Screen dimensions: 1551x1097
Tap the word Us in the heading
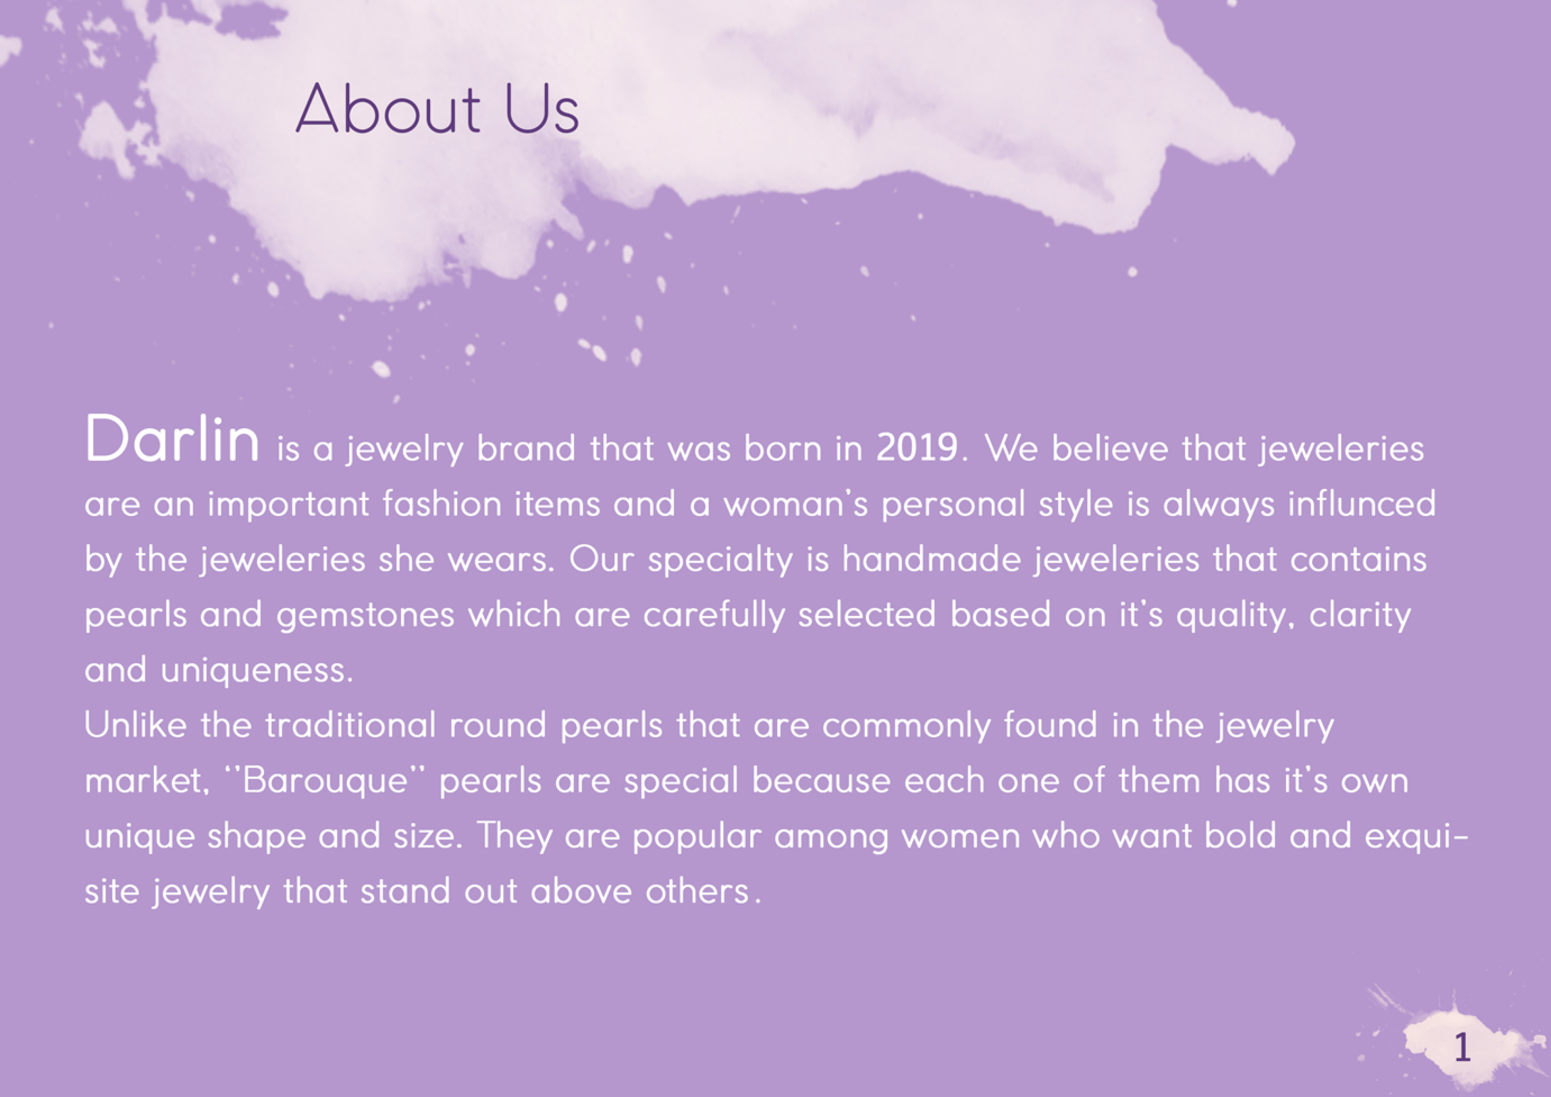(x=542, y=108)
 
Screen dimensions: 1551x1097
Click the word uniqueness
(x=257, y=670)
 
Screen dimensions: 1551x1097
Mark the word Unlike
(x=136, y=725)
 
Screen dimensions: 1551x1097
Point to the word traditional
(x=351, y=725)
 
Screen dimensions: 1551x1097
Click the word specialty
(x=720, y=560)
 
